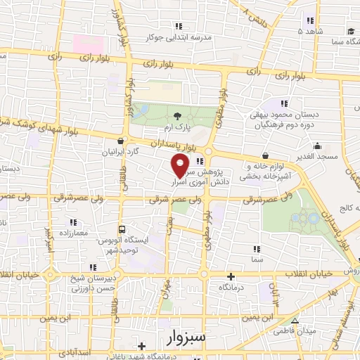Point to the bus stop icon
click(123, 229)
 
